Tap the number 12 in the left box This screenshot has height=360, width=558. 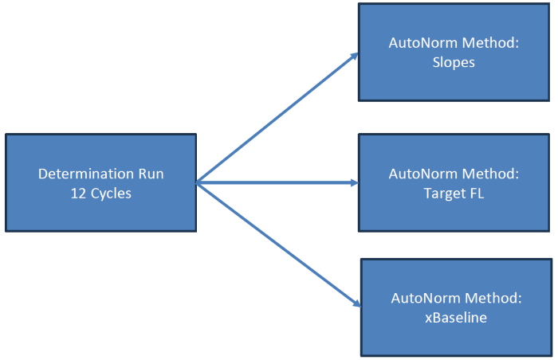point(78,192)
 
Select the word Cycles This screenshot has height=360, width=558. point(111,192)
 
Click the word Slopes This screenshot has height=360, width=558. point(454,62)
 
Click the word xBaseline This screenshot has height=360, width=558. point(456,317)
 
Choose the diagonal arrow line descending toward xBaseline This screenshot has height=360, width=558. point(275,242)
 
